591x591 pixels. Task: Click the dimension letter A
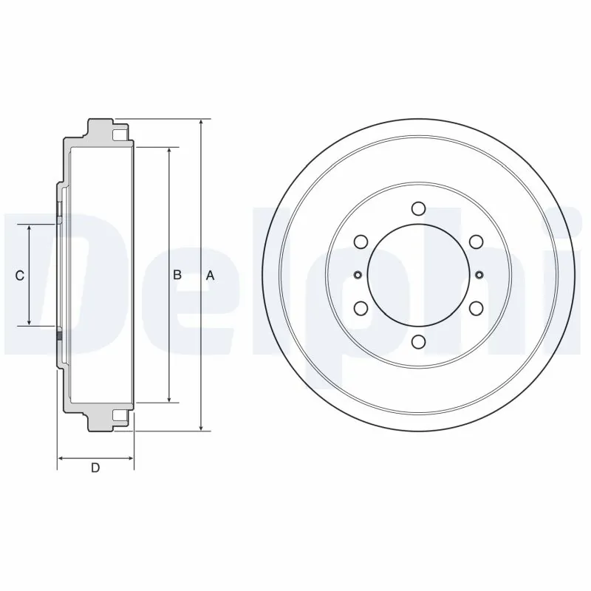point(210,276)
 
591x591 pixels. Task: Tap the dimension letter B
point(177,275)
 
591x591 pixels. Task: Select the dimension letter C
point(21,276)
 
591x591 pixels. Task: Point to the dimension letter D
point(95,468)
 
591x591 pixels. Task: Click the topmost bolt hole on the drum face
point(418,208)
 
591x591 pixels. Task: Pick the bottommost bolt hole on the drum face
point(418,341)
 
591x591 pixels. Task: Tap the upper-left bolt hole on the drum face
point(361,242)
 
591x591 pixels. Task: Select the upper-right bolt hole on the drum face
point(476,242)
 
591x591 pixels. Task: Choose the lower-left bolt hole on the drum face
point(361,308)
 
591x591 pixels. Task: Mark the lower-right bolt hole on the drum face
point(476,308)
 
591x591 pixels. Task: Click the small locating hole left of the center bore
point(358,276)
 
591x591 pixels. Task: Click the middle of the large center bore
point(418,275)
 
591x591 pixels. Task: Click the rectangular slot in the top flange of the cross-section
point(120,135)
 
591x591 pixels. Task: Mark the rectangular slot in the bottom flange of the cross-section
point(120,414)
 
